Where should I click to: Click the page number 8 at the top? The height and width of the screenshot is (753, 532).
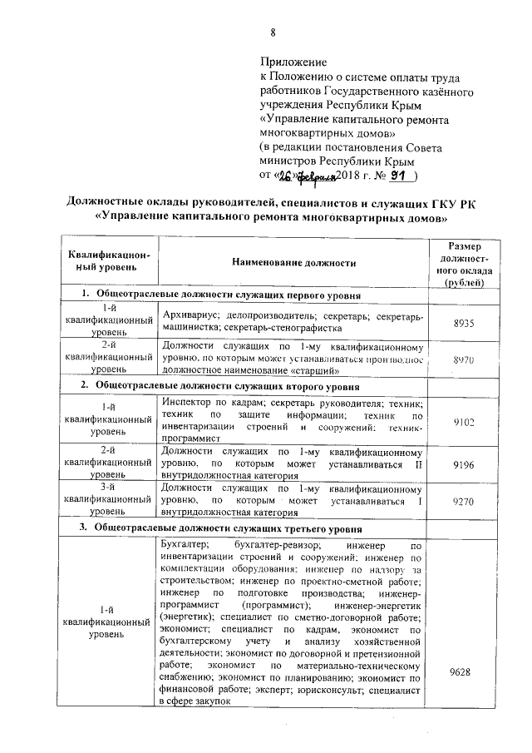[x=272, y=33]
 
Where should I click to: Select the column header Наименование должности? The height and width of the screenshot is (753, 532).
[x=293, y=263]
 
